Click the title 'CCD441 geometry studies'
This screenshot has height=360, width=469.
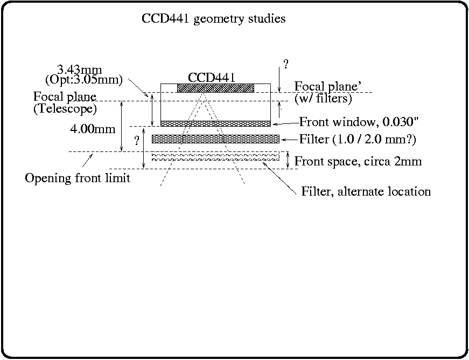(x=213, y=19)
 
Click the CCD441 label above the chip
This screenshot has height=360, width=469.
(x=211, y=77)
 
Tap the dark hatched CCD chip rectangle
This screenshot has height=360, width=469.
(x=215, y=88)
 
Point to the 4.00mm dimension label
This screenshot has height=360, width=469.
(x=93, y=130)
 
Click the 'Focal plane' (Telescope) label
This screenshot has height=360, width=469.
(x=65, y=97)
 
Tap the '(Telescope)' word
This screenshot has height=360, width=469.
(x=65, y=108)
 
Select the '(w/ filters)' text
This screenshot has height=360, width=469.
(x=323, y=99)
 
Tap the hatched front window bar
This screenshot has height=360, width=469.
(x=215, y=123)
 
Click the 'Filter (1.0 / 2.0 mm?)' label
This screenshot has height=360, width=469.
(x=358, y=140)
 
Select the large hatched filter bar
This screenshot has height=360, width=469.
(x=215, y=139)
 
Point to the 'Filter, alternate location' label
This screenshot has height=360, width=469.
(x=366, y=191)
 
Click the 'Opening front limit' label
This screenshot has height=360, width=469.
(x=78, y=178)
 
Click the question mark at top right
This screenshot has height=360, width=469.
(x=285, y=65)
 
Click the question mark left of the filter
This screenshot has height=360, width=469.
(x=137, y=141)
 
